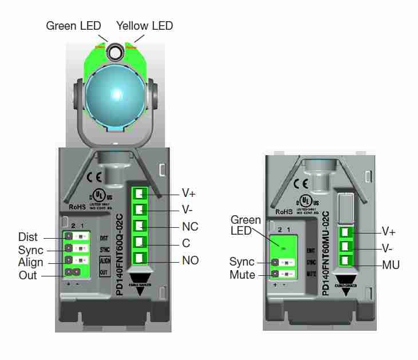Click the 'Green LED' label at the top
pos(73,26)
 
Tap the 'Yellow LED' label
pos(144,26)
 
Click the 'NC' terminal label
pos(190,227)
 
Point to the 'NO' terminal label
pos(190,260)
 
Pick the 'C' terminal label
pos(186,243)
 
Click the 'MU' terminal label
pos(391,265)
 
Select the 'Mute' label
pos(242,275)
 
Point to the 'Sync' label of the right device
pos(242,262)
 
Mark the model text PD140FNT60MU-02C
pos(325,252)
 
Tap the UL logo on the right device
pos(307,201)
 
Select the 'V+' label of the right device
pos(390,232)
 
